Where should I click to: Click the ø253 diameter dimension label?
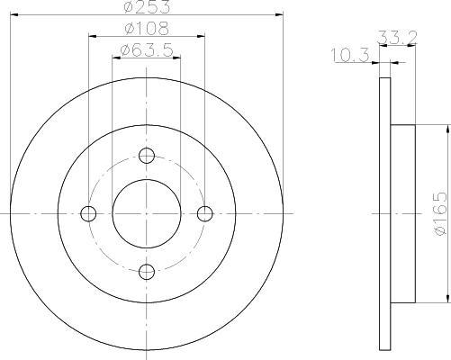click(147, 6)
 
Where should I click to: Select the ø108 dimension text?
click(147, 29)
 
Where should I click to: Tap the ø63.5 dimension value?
click(147, 50)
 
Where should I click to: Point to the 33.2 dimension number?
click(397, 38)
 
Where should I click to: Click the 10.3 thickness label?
click(350, 55)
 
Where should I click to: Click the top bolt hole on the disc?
click(147, 156)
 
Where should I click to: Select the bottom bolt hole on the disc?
click(147, 272)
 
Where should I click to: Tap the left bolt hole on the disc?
click(88, 213)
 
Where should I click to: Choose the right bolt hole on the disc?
click(205, 213)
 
